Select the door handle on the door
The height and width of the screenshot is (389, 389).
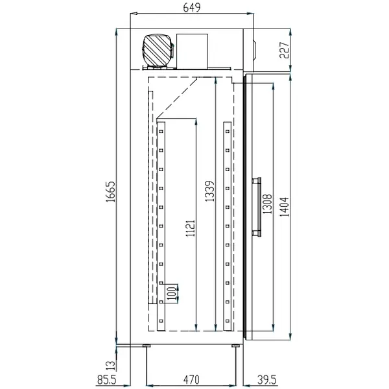click(x=257, y=206)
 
